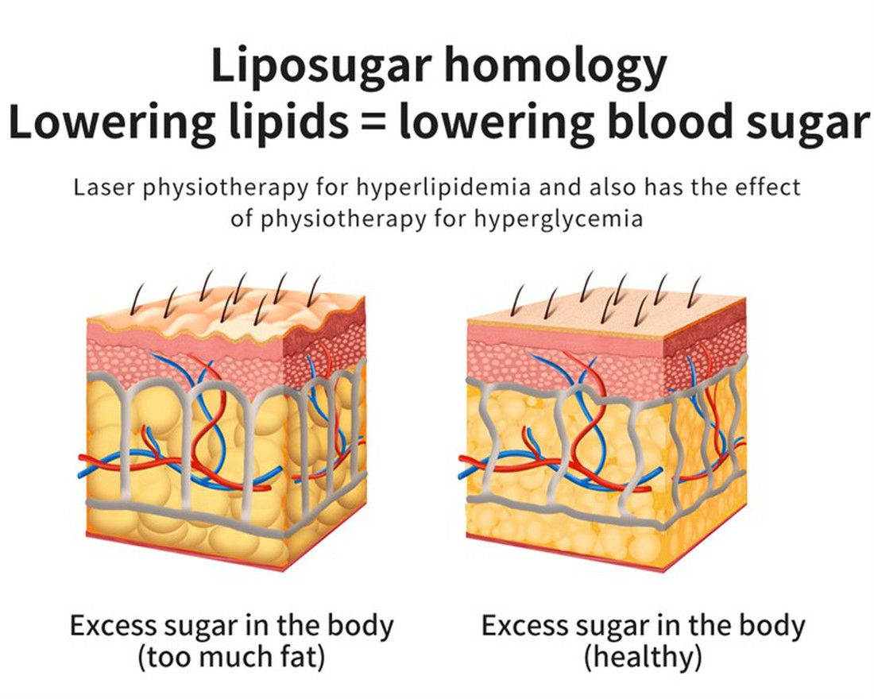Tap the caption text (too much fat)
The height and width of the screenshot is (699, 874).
pos(231,658)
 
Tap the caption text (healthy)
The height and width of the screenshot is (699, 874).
pos(643,658)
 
